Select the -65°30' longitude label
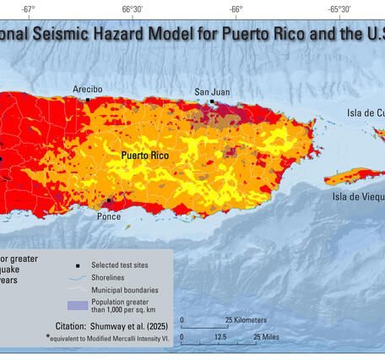pos(339,9)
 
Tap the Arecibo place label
pos(88,89)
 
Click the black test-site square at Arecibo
pos(88,100)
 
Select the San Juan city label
pos(211,91)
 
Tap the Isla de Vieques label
pos(358,198)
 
